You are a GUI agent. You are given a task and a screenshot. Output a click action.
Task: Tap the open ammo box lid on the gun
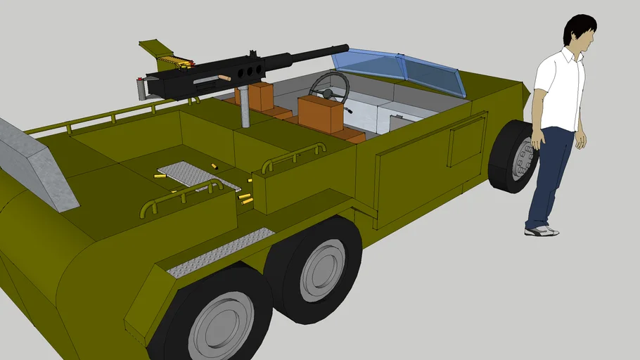155,49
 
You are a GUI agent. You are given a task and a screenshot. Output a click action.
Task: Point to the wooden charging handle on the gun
225,77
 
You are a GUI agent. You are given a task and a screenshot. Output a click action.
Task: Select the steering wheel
329,88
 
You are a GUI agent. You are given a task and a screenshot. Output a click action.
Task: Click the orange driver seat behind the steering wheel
320,114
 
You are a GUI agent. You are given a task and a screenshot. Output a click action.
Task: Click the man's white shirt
560,89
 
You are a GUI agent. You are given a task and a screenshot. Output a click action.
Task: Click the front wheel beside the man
514,157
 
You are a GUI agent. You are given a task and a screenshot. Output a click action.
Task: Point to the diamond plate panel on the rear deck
189,176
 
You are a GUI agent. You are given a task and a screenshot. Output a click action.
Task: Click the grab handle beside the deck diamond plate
180,196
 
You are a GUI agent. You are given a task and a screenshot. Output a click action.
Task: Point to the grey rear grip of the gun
143,89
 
